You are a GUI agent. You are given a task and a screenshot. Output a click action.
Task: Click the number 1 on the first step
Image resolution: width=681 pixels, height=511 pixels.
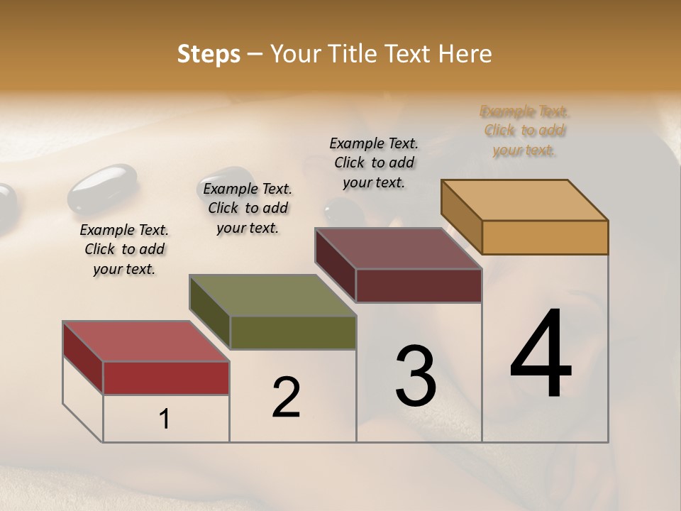(165, 419)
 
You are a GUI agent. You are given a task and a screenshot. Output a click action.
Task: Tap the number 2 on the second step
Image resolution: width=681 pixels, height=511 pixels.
(287, 397)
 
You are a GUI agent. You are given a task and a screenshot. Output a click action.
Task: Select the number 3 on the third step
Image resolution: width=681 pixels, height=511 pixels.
(416, 375)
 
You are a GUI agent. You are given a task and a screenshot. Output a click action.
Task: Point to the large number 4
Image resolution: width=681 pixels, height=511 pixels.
(541, 355)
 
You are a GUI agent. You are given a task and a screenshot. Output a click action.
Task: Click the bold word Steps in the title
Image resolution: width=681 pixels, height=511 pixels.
(209, 54)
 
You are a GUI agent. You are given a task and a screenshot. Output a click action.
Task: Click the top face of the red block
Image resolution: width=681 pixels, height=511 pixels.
(145, 341)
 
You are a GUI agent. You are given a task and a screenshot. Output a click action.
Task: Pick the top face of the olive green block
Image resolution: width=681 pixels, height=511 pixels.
(272, 295)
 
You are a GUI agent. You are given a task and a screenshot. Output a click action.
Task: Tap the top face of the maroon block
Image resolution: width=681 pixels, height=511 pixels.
(398, 248)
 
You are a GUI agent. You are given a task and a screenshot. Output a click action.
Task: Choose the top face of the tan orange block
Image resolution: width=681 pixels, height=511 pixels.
(525, 200)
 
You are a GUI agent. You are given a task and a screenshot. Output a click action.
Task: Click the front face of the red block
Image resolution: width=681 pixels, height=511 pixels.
(166, 378)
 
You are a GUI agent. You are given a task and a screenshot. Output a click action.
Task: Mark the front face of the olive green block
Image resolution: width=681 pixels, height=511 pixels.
(293, 332)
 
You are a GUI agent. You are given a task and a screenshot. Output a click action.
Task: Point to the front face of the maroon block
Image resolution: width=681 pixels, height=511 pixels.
(419, 285)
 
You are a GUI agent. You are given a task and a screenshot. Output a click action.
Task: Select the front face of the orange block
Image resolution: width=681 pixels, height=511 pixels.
(545, 237)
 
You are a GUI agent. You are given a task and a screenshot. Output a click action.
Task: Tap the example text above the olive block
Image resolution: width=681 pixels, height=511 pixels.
(248, 208)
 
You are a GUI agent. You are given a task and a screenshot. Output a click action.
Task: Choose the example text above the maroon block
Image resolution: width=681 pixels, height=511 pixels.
(374, 163)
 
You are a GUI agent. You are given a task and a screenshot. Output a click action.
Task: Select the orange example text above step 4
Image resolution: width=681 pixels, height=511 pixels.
(524, 131)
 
